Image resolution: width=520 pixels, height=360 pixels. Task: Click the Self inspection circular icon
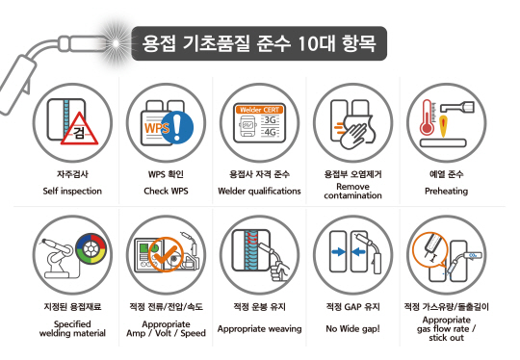tap(72, 122)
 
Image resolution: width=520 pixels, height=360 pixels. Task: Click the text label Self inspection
tap(72, 191)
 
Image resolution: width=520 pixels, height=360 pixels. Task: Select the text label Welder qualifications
tap(259, 191)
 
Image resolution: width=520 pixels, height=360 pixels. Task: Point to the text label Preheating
tap(446, 191)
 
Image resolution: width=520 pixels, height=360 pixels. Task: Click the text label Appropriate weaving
tap(259, 328)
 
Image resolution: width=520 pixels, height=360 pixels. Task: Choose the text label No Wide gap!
tap(352, 328)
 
